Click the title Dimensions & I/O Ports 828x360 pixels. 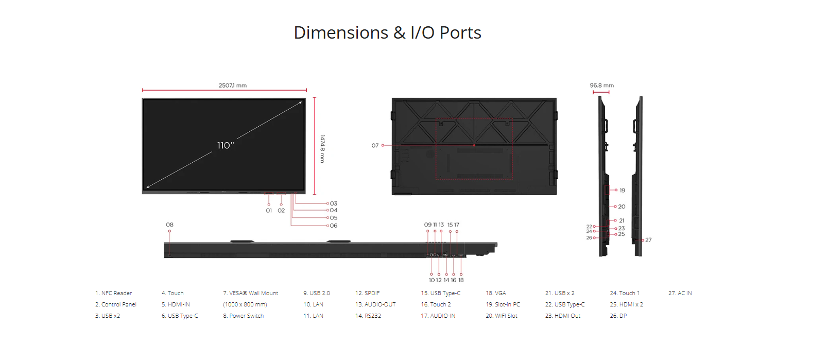(387, 32)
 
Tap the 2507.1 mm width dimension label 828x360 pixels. (233, 85)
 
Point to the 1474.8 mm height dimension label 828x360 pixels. (322, 148)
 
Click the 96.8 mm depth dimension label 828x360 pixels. (602, 85)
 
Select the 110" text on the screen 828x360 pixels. (226, 145)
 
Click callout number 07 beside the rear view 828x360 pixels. (375, 146)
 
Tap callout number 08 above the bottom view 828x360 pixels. (169, 225)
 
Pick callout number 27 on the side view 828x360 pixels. (648, 240)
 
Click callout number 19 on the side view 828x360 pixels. (623, 191)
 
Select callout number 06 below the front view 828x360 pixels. (334, 226)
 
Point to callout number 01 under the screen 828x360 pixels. (269, 211)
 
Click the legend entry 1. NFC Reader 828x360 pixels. (113, 293)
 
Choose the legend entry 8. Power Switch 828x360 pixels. (243, 316)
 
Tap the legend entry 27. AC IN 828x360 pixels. (680, 293)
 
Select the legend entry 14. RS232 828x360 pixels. (368, 316)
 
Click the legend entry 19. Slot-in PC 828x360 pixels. (503, 304)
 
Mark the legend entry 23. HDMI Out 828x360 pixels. (563, 316)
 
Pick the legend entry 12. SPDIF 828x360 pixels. (368, 293)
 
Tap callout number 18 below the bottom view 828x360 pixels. (461, 280)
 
